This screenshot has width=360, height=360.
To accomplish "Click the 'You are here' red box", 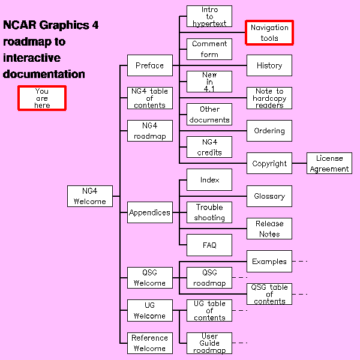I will pos(41,98).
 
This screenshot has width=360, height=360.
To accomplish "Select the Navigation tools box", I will pos(269,33).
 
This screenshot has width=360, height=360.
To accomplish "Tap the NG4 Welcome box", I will pos(90,196).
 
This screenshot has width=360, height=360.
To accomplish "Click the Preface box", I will pos(149,65).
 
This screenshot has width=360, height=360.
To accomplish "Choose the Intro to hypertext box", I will pos(209,16).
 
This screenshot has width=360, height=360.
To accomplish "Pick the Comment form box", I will pos(209,49).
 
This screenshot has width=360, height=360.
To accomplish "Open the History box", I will pos(269,65).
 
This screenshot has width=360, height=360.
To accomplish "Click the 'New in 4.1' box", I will pos(209,82).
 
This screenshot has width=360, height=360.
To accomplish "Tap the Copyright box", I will pos(269,163).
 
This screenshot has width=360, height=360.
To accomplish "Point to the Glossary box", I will pos(269,196).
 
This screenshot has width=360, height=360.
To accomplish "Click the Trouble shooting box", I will pos(209,212).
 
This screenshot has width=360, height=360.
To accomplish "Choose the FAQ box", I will pos(209,245).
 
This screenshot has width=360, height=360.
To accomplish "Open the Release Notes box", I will pos(269,229).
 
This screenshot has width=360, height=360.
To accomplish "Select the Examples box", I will pos(269,261).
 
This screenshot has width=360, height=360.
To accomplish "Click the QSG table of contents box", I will pos(269,294).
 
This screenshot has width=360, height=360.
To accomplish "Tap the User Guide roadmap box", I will pos(209,343).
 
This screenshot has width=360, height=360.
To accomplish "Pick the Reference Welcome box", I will pos(149,343).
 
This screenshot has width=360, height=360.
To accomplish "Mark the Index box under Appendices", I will pos(209,180).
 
